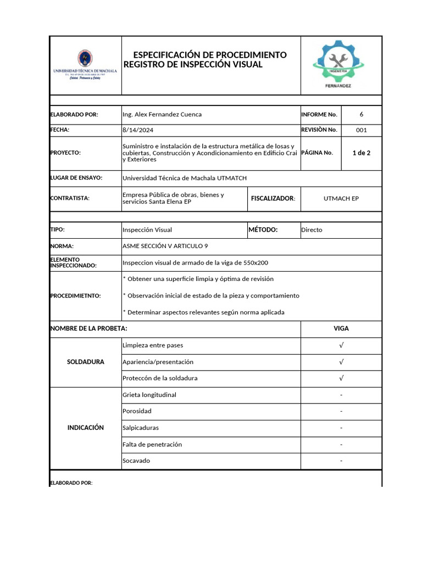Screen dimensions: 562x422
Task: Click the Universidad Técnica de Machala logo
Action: (85, 65)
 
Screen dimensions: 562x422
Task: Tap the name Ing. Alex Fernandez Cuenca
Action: (162, 114)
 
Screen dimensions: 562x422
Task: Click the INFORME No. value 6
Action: (361, 114)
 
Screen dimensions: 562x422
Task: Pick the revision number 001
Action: (361, 130)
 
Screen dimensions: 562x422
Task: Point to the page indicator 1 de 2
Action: (361, 153)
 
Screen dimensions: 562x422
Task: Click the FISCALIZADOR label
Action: (273, 198)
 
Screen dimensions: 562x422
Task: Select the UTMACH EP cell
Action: (341, 198)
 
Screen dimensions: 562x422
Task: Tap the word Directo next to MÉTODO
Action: (312, 230)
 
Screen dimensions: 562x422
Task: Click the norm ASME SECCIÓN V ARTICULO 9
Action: (165, 246)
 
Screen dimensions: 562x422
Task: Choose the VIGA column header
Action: (341, 328)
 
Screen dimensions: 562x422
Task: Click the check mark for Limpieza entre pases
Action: (341, 345)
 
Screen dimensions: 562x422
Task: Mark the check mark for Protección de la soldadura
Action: (341, 378)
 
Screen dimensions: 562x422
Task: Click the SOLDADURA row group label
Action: (85, 362)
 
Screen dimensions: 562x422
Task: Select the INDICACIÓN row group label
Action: (85, 428)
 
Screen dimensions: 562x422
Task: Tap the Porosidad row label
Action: (137, 411)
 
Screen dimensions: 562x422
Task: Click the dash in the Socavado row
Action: (341, 461)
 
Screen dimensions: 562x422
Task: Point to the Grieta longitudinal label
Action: (149, 395)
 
